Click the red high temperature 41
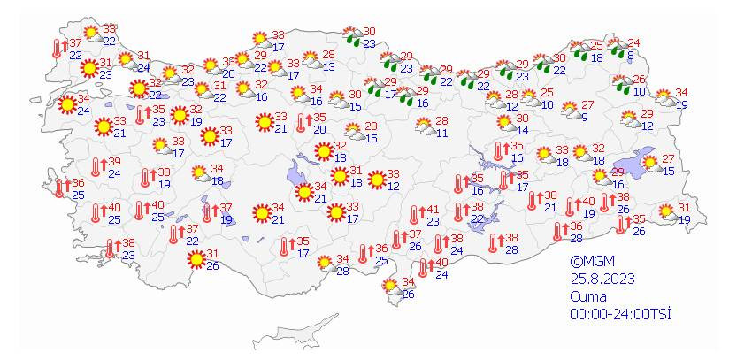click(433, 210)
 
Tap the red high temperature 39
click(114, 162)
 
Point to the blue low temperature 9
click(586, 116)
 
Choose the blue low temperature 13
click(328, 66)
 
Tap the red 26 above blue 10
click(640, 79)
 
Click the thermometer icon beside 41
click(414, 215)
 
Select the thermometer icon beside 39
click(96, 167)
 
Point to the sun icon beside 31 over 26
click(195, 259)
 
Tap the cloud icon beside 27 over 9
click(566, 111)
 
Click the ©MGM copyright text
click(592, 261)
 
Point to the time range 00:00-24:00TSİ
click(615, 314)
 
